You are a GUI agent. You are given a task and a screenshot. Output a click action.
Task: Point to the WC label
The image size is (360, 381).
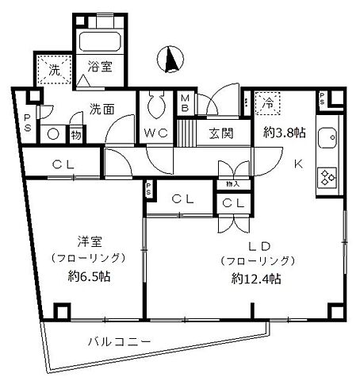(155, 133)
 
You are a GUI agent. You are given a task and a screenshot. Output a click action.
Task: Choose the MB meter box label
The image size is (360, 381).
(185, 104)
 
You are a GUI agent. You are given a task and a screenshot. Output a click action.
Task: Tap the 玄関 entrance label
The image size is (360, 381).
(221, 133)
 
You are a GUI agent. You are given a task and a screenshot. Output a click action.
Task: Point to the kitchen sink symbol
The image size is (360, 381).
(328, 138)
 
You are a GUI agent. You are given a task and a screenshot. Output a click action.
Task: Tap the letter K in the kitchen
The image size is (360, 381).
(300, 164)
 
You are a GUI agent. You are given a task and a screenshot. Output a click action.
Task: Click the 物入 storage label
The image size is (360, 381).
(232, 184)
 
